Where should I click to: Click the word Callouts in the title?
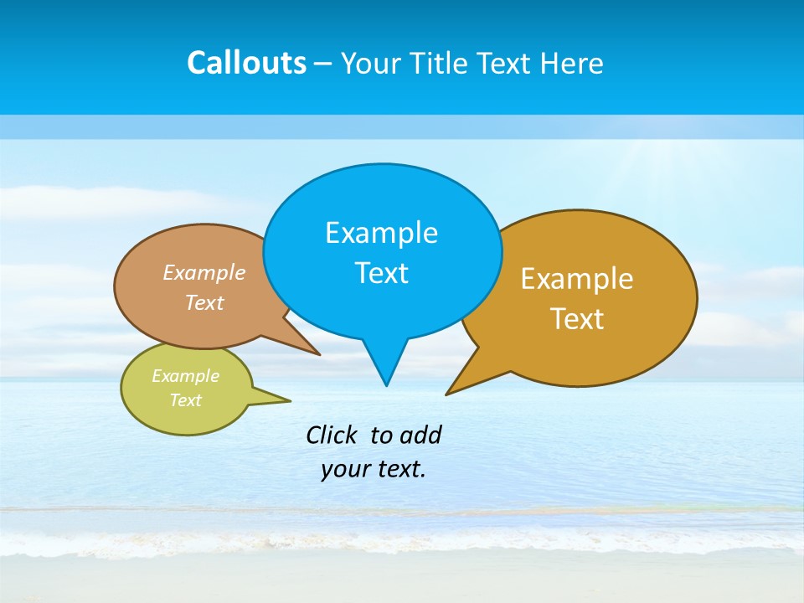pyautogui.click(x=246, y=64)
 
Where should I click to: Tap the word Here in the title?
pyautogui.click(x=572, y=64)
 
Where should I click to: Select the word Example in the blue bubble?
pyautogui.click(x=381, y=233)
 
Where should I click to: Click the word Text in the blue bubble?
pyautogui.click(x=381, y=273)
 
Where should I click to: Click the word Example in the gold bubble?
pyautogui.click(x=577, y=279)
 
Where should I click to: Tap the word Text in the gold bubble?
pyautogui.click(x=577, y=319)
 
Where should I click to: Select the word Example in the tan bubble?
pyautogui.click(x=204, y=273)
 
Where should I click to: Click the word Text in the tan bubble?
pyautogui.click(x=204, y=302)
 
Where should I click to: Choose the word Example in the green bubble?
pyautogui.click(x=185, y=376)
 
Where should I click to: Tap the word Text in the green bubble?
pyautogui.click(x=185, y=400)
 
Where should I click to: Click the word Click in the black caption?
pyautogui.click(x=331, y=435)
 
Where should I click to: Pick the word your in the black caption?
pyautogui.click(x=344, y=469)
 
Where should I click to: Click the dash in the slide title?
pyautogui.click(x=323, y=64)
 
